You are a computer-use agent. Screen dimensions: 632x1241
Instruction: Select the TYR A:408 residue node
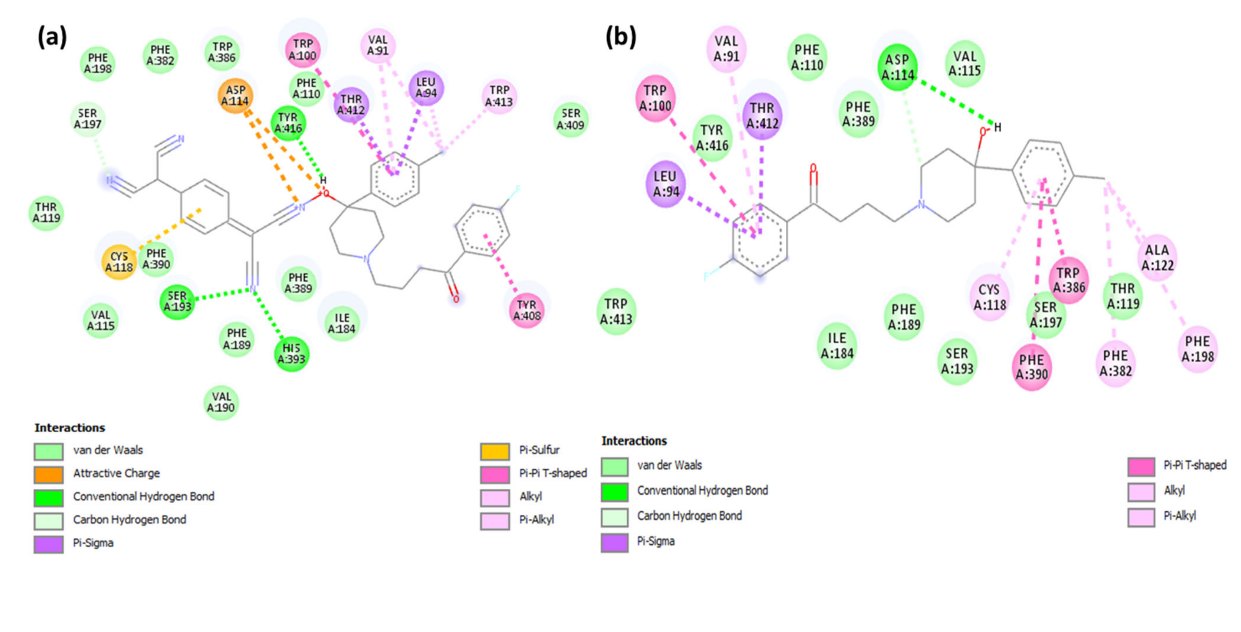[x=526, y=311]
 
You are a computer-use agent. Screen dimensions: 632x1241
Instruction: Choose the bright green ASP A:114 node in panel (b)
[x=897, y=67]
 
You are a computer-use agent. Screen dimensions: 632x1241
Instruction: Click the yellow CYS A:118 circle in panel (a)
[x=119, y=262]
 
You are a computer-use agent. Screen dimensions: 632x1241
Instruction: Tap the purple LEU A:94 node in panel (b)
[x=665, y=184]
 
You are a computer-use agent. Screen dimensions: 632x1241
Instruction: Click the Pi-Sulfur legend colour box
[x=495, y=451]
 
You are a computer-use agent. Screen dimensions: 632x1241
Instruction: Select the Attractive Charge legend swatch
[x=48, y=474]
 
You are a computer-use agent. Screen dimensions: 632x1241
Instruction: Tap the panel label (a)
[x=52, y=37]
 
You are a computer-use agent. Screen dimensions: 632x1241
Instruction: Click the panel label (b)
[x=620, y=37]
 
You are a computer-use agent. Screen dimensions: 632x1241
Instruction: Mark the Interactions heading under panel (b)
[x=634, y=441]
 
